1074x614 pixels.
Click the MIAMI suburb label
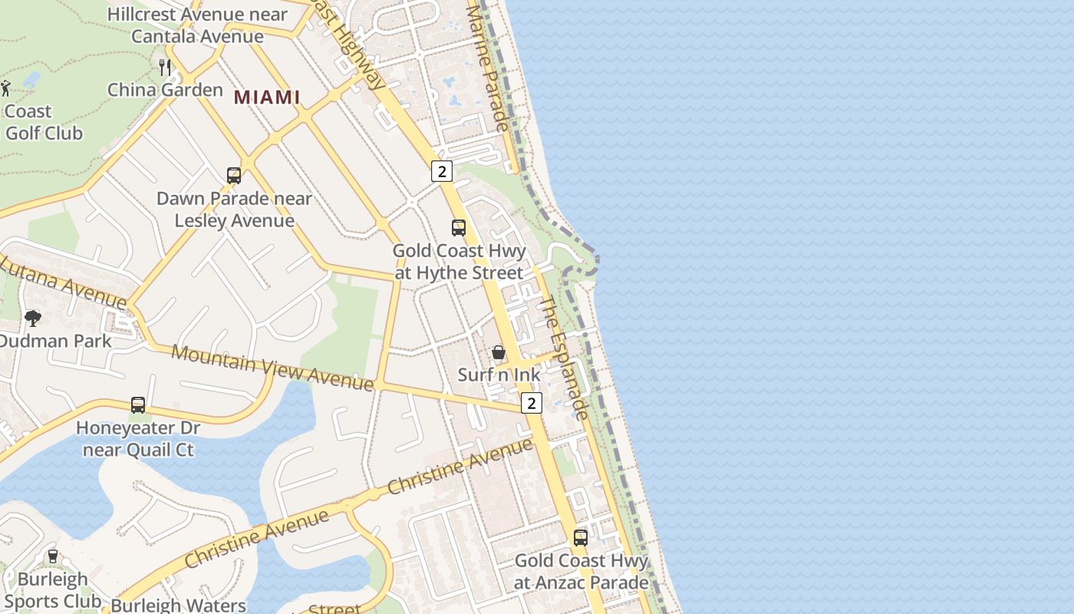tap(267, 97)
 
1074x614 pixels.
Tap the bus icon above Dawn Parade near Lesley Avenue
tap(234, 176)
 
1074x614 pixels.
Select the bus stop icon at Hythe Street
tap(459, 228)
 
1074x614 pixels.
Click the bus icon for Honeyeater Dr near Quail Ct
tap(138, 404)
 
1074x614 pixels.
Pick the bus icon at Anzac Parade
tap(581, 537)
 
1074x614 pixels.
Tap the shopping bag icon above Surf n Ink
tap(499, 352)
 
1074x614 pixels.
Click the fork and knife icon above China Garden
tap(165, 67)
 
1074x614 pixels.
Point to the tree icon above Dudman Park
tap(33, 318)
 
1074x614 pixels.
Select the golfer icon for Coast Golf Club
tap(6, 88)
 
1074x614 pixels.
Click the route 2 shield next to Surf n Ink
tap(531, 403)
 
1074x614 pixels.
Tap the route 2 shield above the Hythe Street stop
tap(441, 170)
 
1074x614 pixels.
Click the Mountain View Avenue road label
tap(272, 368)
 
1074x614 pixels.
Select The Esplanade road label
tap(565, 358)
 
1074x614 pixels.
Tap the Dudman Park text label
tap(55, 341)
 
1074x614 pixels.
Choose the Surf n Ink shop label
tap(499, 375)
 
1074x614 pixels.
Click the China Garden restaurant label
tap(165, 90)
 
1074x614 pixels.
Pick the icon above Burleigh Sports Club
tap(52, 556)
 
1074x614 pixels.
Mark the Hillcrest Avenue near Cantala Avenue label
tap(197, 25)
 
